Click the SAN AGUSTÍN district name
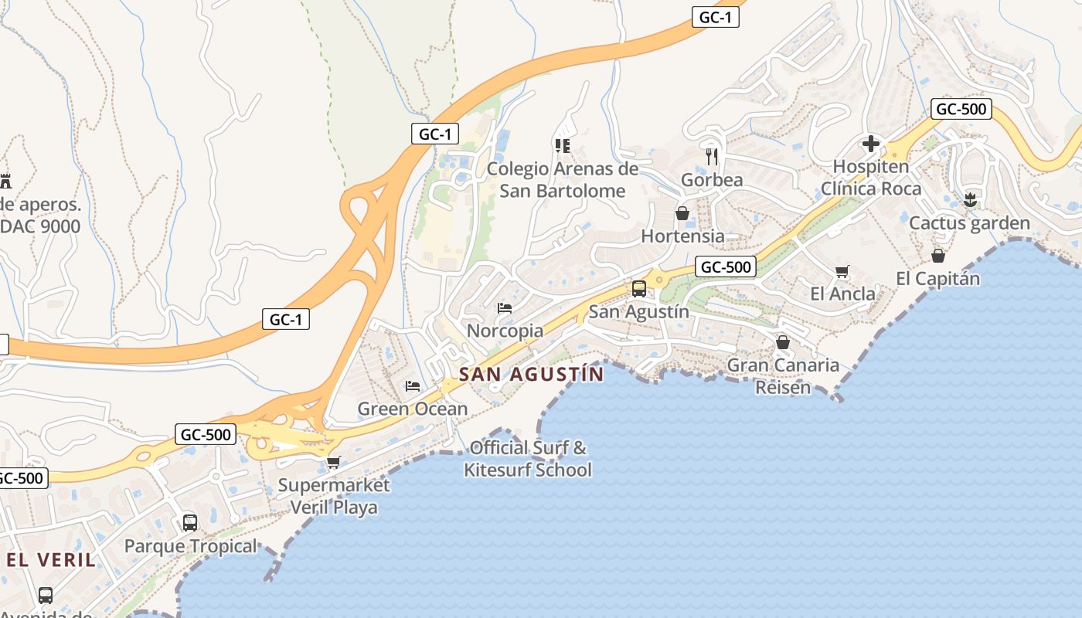point(531,375)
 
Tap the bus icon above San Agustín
point(639,289)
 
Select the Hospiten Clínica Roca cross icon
point(871,144)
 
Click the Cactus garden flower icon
point(970,201)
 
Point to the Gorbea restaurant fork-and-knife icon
point(712,157)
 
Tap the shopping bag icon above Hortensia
point(682,213)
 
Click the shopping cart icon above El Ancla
point(842,271)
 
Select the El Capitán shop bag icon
point(937,256)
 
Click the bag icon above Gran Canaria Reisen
point(783,342)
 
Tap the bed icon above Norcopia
point(505,308)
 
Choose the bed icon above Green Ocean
point(413,386)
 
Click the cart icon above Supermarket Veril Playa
point(333,463)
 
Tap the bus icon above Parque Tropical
point(190,523)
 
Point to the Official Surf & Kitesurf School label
point(528,458)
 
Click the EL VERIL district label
point(52,560)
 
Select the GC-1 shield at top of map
point(715,18)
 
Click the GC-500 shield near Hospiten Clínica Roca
point(961,109)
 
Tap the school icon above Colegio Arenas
point(562,145)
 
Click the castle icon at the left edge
point(5,182)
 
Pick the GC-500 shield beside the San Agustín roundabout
point(725,267)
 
